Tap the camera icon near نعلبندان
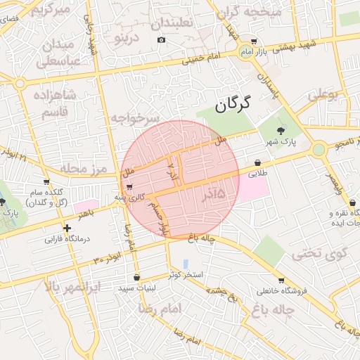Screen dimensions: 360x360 click(161, 39)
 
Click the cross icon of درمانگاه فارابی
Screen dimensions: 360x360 click(67, 228)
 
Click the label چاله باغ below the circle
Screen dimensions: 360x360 click(201, 240)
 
